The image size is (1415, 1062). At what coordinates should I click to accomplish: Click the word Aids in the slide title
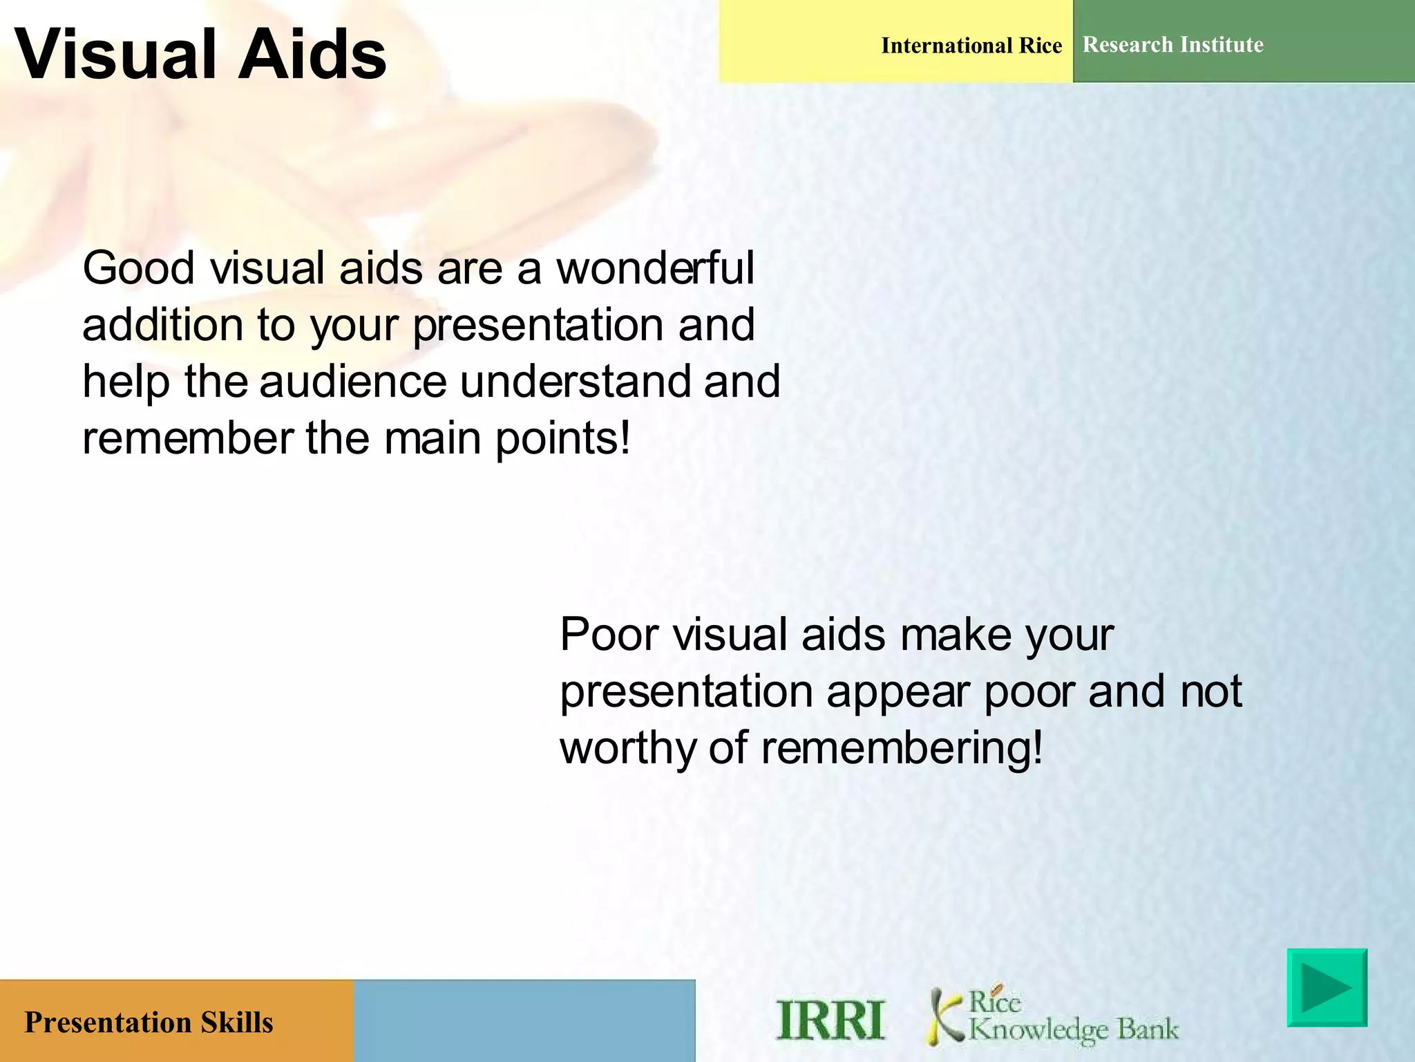[x=312, y=54]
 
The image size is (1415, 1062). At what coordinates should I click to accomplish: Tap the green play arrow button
[x=1327, y=987]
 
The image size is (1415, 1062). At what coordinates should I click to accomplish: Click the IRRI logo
[x=830, y=1020]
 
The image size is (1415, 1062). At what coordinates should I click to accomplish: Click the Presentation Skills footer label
[x=149, y=1022]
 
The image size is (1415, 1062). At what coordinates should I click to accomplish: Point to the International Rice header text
[x=971, y=46]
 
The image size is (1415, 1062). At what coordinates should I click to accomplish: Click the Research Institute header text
[x=1172, y=45]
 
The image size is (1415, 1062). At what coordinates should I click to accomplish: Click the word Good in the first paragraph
[x=137, y=268]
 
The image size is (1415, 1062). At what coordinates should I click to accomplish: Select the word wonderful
[x=655, y=268]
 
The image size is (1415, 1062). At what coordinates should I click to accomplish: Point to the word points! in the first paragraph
[x=563, y=440]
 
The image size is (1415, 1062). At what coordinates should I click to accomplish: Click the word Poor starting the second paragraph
[x=609, y=635]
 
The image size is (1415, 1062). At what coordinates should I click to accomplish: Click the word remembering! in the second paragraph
[x=902, y=749]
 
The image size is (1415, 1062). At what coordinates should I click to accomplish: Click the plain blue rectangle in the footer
[x=524, y=1021]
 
